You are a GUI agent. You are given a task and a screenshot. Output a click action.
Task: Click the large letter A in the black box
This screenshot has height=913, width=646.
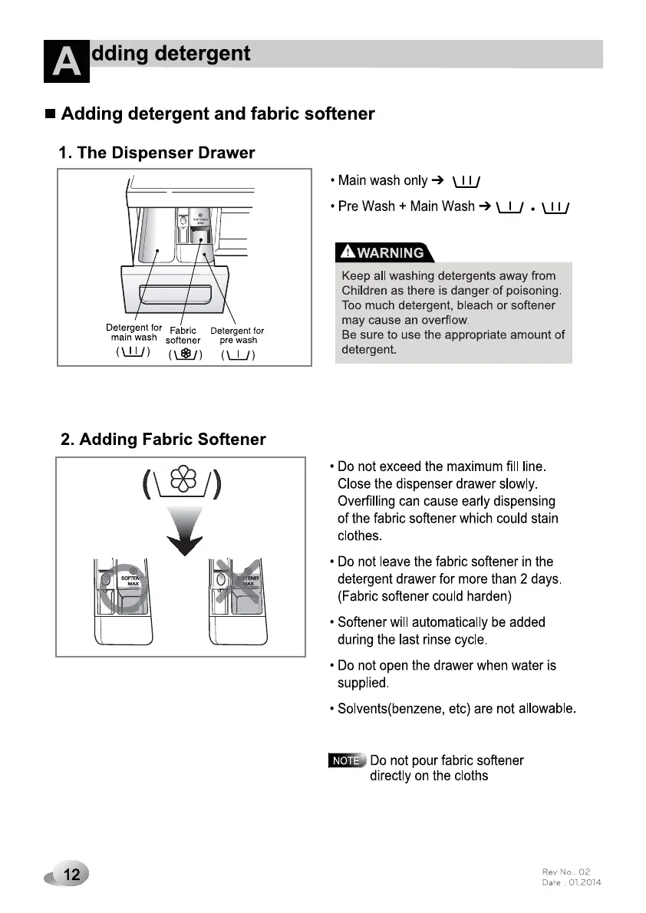pos(67,61)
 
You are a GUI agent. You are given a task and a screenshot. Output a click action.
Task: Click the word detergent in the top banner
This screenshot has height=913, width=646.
pos(203,54)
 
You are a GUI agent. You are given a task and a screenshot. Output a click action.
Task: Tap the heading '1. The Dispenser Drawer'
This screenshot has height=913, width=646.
pos(157,153)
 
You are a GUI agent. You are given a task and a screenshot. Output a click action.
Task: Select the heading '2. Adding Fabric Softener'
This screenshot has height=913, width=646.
pos(163,440)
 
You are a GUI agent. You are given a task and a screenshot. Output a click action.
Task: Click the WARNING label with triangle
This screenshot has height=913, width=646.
pos(384,252)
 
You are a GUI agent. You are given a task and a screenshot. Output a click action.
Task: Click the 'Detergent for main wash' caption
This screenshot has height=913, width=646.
pos(133,333)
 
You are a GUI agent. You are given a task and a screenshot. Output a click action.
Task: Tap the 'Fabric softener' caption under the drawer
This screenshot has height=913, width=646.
pos(183,336)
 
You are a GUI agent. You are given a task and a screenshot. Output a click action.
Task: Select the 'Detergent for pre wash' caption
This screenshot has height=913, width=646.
pos(237,335)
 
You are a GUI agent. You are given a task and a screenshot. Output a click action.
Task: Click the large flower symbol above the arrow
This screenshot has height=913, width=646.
pos(183,480)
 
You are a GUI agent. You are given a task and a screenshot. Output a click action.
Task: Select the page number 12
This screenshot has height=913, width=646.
pos(72,874)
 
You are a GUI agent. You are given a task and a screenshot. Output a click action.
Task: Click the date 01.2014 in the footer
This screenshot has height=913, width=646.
pos(585,882)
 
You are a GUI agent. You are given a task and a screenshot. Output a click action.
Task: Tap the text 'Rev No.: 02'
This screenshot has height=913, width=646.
pos(566,872)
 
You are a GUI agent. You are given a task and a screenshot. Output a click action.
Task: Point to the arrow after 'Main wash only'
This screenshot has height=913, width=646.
pos(437,180)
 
